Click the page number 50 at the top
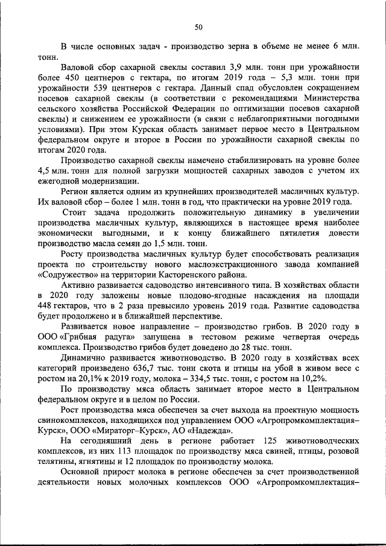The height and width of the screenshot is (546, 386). [x=198, y=27]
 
